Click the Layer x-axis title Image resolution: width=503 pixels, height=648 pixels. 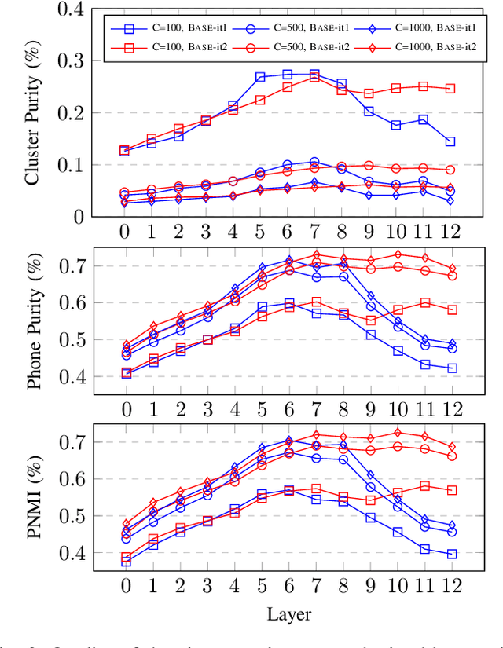click(x=288, y=613)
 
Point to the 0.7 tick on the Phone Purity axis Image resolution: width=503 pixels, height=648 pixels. click(x=75, y=265)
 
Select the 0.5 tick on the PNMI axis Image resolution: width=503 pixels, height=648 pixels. click(x=75, y=516)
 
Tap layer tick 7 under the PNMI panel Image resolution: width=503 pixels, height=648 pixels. click(x=314, y=587)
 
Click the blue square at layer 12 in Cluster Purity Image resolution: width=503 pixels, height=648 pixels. click(x=450, y=142)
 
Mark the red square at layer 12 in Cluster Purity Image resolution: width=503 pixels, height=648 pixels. click(x=450, y=89)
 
